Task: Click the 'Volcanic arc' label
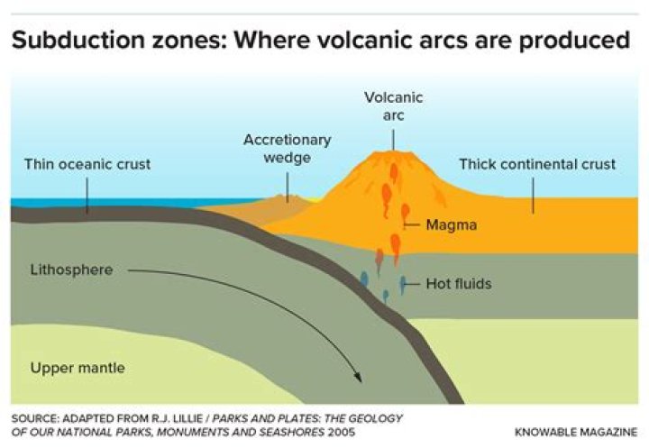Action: point(393,106)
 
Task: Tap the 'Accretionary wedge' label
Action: point(288,149)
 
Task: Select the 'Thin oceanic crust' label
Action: point(87,164)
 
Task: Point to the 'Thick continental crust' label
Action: point(537,164)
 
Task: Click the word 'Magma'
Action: point(452,224)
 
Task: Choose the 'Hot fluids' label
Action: point(459,284)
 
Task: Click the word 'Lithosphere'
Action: point(71,270)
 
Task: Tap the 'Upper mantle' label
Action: point(78,368)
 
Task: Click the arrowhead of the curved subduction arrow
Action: point(359,377)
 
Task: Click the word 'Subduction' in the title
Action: point(79,40)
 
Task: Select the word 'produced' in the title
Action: point(574,41)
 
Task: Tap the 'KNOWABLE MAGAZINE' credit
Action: point(576,433)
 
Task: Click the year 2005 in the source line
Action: point(342,433)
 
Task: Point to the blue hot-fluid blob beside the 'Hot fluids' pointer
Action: point(402,284)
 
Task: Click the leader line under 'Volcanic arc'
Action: point(393,140)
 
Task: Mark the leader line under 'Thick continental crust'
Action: point(533,196)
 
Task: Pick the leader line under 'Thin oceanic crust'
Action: point(87,196)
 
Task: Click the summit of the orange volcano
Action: point(393,152)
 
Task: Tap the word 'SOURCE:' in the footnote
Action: point(35,418)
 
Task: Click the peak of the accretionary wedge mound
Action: point(288,196)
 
